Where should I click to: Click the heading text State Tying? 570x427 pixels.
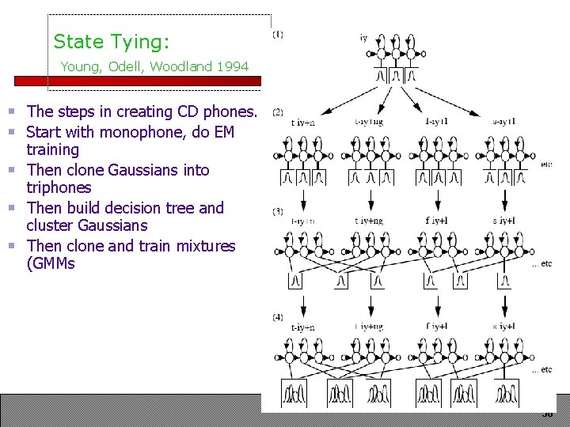111,41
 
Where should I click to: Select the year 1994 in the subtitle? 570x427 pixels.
232,66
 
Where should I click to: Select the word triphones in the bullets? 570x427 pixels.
59,188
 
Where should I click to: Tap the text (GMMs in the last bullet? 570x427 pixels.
51,263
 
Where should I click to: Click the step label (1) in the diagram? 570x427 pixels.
278,35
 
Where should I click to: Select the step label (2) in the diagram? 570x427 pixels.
278,112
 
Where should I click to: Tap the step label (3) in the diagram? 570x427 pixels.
278,212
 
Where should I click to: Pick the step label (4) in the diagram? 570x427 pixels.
278,317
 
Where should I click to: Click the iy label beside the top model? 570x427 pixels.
363,37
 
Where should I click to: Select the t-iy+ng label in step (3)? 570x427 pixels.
369,221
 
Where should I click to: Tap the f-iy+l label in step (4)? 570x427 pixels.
437,326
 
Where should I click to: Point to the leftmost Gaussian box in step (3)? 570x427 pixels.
294,280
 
